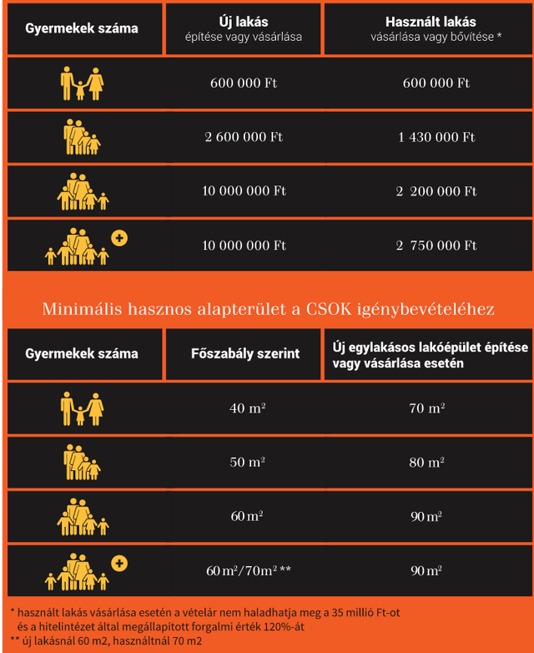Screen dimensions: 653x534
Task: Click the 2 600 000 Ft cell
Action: click(x=244, y=137)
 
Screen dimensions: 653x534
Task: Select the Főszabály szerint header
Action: click(x=244, y=353)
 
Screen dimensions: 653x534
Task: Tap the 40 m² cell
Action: click(x=244, y=408)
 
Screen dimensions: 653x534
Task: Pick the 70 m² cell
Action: click(x=426, y=408)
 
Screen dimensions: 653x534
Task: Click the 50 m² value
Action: click(x=244, y=463)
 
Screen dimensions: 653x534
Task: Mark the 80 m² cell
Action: click(x=426, y=463)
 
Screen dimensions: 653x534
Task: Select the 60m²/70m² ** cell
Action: click(x=248, y=571)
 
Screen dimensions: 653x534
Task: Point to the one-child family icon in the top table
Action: click(x=82, y=83)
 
